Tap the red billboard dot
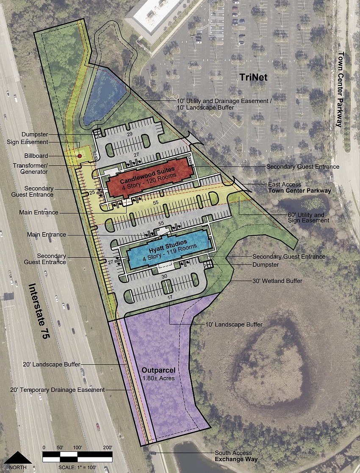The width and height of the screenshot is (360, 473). (79, 156)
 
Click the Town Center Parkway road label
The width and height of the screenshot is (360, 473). (339, 89)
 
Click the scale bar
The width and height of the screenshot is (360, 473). (78, 456)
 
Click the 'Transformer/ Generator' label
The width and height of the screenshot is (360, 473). (36, 169)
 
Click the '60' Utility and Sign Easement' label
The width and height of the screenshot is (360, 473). (308, 218)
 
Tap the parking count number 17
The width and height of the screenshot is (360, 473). (170, 298)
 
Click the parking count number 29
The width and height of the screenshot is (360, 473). (130, 134)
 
